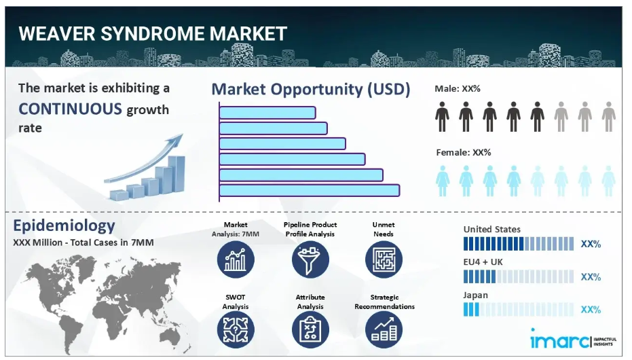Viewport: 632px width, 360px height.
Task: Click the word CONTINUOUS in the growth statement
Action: click(70, 109)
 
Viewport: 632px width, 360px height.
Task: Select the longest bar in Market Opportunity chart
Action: click(310, 190)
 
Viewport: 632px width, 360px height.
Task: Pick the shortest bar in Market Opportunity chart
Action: click(267, 113)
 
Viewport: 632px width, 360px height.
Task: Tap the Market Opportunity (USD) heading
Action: click(311, 89)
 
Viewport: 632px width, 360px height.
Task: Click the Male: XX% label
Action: click(457, 89)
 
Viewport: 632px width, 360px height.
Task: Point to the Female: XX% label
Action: click(464, 152)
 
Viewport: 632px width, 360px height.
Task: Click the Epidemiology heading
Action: click(64, 226)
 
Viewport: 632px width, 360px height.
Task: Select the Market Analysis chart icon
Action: click(236, 259)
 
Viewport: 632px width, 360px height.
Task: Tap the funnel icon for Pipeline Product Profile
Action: click(310, 259)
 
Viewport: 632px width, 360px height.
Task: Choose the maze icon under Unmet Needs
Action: click(384, 259)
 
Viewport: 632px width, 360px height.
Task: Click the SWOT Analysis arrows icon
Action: click(236, 329)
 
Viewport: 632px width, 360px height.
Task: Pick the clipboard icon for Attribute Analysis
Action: click(310, 329)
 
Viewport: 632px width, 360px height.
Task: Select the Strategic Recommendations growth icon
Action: click(384, 329)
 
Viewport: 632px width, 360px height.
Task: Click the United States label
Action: click(491, 230)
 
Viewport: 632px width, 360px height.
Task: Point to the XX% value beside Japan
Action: click(591, 310)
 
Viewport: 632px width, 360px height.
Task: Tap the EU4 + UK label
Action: click(483, 262)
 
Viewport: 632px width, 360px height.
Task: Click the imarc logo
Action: click(573, 341)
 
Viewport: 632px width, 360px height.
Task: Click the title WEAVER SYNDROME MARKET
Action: click(153, 33)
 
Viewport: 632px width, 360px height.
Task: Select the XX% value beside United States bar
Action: click(591, 244)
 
